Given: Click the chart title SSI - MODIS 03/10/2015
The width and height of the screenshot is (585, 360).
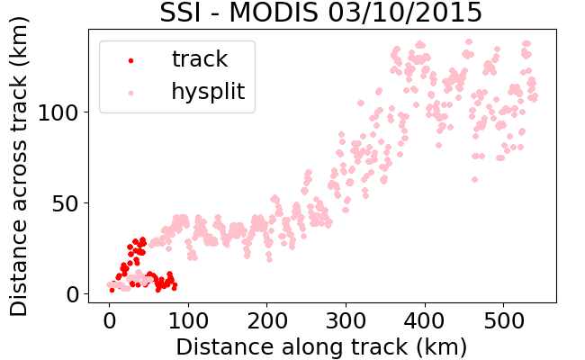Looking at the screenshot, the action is (x=321, y=13).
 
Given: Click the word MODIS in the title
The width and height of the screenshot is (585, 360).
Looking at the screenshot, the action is (x=274, y=13).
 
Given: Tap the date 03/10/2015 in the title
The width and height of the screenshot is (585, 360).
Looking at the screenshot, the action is (x=405, y=13).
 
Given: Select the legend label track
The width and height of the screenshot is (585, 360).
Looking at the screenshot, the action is (x=200, y=58).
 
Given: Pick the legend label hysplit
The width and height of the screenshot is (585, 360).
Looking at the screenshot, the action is (x=208, y=92).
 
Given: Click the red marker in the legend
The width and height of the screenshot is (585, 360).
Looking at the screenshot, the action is (x=131, y=60).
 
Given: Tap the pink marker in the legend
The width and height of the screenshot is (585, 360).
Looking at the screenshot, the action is (x=131, y=93).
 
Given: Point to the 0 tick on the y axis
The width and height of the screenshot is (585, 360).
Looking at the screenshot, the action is (x=73, y=294).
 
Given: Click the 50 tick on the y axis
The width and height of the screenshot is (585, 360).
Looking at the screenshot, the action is (x=66, y=203).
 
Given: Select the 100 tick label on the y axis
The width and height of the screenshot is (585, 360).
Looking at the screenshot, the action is (x=58, y=112).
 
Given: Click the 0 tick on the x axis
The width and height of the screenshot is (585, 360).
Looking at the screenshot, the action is (x=109, y=320).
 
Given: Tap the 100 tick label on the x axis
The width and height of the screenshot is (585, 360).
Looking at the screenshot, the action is (x=188, y=320).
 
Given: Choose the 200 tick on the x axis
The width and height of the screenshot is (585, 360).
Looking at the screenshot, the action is (x=267, y=320).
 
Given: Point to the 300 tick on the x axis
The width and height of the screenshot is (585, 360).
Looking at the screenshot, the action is (x=346, y=320).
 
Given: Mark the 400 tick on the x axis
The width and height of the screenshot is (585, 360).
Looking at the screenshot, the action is (x=425, y=320).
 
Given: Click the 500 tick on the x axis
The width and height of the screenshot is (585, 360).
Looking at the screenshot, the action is (x=504, y=320).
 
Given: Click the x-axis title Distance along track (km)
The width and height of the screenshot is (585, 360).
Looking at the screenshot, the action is (x=321, y=346).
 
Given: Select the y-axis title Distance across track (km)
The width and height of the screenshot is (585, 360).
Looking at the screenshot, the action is (x=18, y=166).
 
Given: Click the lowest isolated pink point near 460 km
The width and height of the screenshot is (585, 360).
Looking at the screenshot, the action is (x=474, y=179).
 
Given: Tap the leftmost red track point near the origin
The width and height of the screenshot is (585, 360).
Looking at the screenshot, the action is (x=112, y=290).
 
